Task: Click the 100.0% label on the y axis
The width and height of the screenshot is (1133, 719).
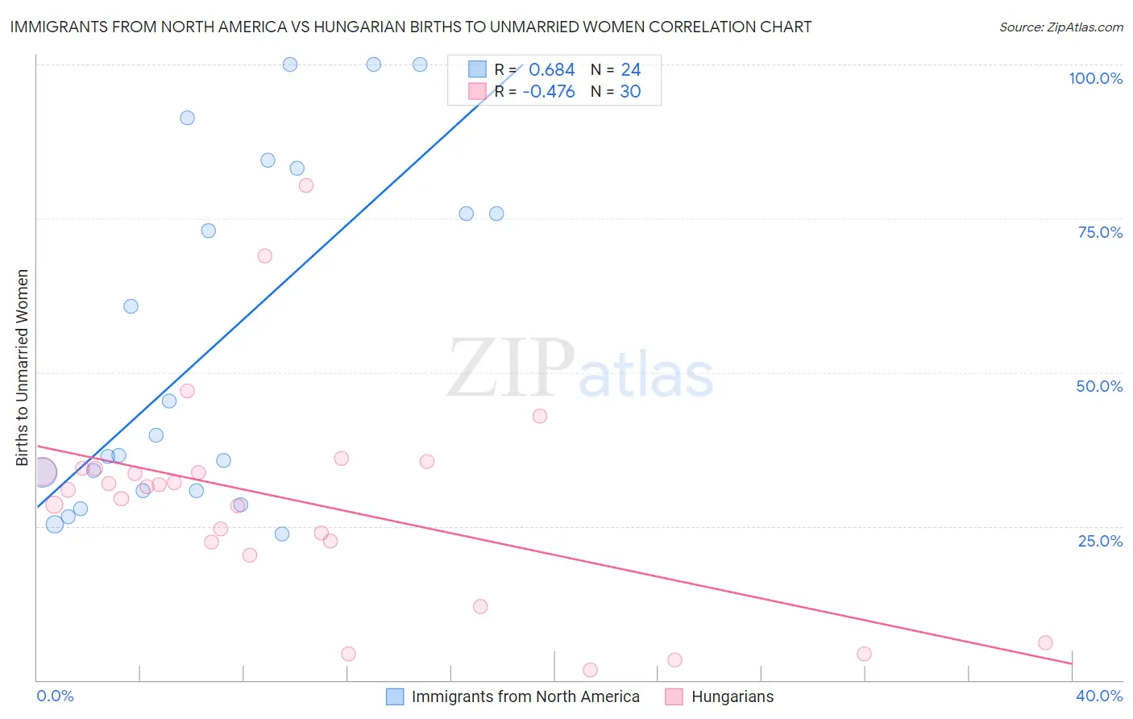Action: tap(1095, 78)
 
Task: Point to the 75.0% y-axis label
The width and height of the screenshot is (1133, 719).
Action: tap(1100, 232)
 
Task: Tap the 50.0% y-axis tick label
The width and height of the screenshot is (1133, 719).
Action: tap(1099, 386)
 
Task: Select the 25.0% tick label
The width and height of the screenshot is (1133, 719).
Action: tap(1100, 541)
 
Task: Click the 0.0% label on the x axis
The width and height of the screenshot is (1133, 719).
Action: tap(55, 696)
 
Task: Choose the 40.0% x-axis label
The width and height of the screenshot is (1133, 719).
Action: tap(1098, 696)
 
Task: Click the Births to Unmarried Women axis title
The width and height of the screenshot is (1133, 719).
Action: tap(23, 368)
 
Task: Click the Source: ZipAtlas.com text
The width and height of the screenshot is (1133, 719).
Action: tap(1060, 27)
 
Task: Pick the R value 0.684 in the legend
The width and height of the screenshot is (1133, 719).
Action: tap(552, 69)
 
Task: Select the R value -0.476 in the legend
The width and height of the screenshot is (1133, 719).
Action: tap(549, 91)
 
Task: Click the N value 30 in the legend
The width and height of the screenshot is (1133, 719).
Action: tap(630, 91)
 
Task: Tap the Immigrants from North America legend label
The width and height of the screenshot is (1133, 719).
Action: tap(525, 696)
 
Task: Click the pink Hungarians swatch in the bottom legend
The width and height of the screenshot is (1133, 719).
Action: tap(674, 696)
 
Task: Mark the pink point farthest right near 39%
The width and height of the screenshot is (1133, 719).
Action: tap(1045, 642)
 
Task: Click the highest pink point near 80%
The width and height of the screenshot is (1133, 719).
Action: tap(305, 185)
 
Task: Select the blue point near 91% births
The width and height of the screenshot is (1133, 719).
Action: tap(187, 118)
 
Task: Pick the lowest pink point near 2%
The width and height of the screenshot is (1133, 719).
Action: tap(590, 670)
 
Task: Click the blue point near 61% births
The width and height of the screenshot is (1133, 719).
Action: tap(131, 306)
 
